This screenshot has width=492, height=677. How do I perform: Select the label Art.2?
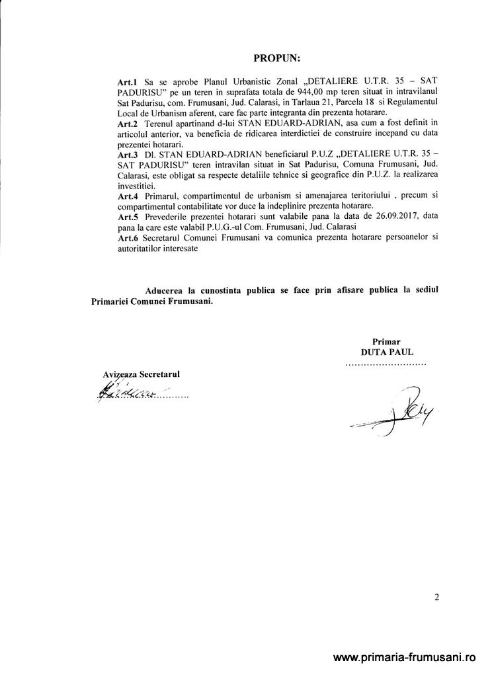pos(126,124)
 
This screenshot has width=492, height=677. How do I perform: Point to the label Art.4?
pos(126,196)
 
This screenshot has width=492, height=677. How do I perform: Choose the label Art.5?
pos(126,216)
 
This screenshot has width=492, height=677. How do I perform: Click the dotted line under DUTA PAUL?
pos(387,364)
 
